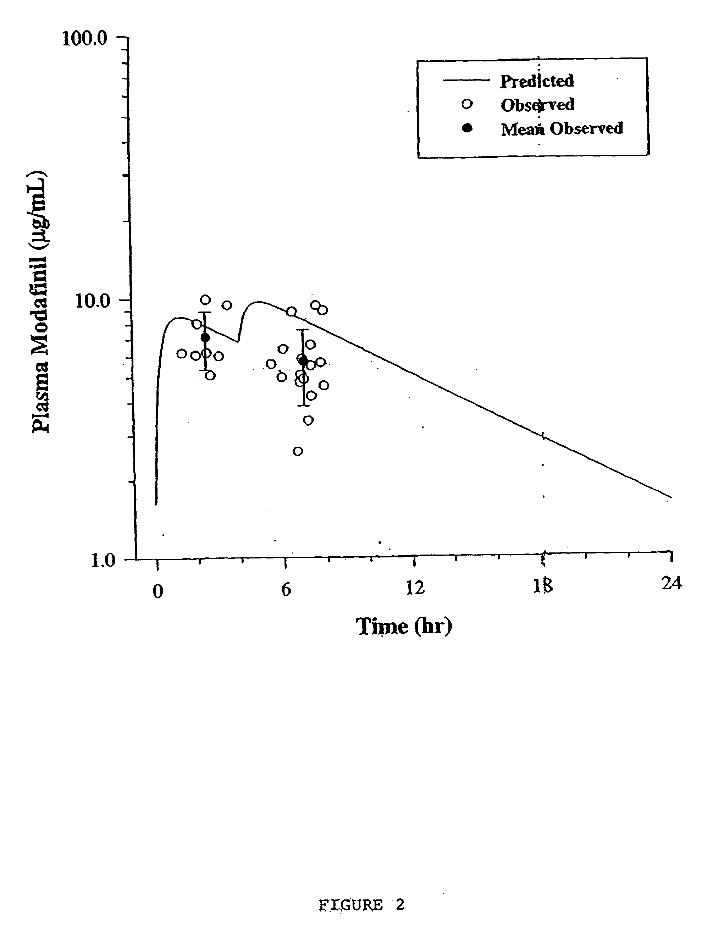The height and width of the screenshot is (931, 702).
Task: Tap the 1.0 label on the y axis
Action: [103, 561]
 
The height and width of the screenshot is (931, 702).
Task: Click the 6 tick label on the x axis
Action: [286, 590]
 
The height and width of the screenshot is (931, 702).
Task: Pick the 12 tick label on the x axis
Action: [415, 587]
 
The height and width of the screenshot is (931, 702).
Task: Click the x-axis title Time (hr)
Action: [404, 626]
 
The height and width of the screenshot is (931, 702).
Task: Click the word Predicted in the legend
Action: [537, 81]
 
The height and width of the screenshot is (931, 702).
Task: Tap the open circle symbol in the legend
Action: [467, 104]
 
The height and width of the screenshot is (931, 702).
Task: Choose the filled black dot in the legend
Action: [467, 128]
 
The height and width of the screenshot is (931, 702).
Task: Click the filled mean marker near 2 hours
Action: [205, 337]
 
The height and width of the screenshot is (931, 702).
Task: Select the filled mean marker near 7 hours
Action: [303, 360]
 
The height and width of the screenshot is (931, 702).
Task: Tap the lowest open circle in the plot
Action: [298, 451]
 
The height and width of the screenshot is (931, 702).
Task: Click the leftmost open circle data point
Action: [182, 353]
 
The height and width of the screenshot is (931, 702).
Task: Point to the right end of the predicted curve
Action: [670, 497]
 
